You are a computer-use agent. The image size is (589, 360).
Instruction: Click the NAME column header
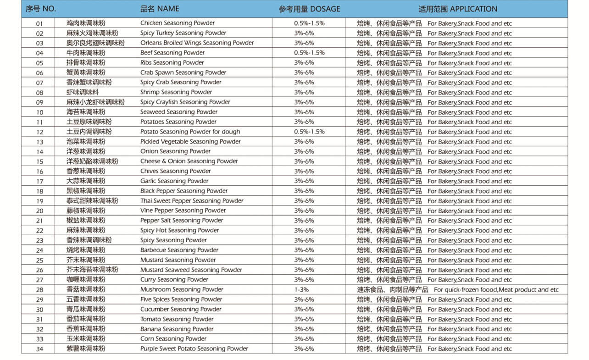[160, 9]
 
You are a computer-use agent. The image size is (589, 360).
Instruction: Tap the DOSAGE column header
[309, 9]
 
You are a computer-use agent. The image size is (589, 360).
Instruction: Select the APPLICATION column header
[457, 9]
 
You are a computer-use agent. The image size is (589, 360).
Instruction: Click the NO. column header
[41, 9]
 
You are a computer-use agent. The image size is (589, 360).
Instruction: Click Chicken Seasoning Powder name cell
[177, 23]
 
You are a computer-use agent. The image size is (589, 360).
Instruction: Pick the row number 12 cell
[39, 132]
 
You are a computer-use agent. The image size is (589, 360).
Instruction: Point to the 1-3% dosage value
[301, 289]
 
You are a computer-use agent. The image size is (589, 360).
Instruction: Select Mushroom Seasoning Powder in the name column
[182, 289]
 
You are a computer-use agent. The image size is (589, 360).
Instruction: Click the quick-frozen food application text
[496, 289]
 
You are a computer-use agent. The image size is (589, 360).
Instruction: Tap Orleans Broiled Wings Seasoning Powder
[197, 43]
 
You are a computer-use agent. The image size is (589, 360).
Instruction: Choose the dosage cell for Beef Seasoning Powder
[309, 53]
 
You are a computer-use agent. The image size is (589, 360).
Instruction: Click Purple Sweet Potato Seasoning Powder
[194, 349]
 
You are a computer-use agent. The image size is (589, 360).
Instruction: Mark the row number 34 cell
[39, 349]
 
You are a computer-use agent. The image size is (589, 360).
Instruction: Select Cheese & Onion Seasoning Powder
[189, 161]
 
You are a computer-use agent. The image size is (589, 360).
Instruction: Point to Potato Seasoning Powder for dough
[190, 132]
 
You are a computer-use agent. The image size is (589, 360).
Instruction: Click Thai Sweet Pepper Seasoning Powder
[192, 200]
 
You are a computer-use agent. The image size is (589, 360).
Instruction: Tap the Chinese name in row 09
[95, 102]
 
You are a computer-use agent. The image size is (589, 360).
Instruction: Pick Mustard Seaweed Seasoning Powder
[191, 270]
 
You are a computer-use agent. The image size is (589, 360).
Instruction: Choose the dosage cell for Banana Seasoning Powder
[304, 329]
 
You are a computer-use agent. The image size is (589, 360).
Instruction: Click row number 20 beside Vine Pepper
[39, 211]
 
